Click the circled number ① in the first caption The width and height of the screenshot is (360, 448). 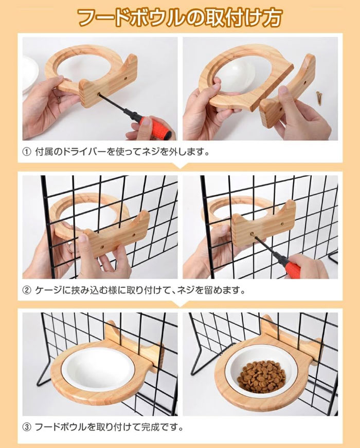tap(27, 152)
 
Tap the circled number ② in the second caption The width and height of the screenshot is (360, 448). tap(27, 291)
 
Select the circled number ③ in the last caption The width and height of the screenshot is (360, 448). tap(27, 427)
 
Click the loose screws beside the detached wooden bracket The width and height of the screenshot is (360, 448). tap(319, 97)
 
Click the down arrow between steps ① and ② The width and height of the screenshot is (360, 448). tap(180, 166)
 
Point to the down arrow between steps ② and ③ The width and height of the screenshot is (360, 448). tap(180, 304)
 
